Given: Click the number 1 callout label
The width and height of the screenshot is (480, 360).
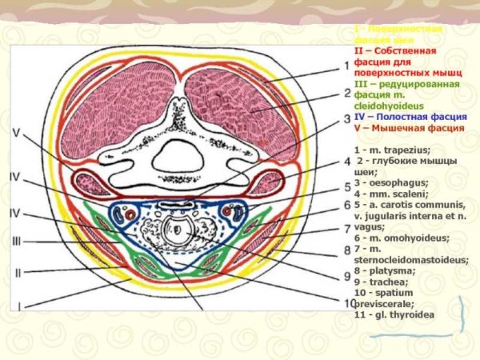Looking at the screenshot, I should pyautogui.click(x=346, y=66).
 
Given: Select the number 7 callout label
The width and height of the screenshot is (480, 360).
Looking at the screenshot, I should pyautogui.click(x=346, y=229).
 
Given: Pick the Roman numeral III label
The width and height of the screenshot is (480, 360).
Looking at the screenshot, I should pyautogui.click(x=17, y=241).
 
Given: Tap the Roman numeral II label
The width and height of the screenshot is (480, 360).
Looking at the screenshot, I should pyautogui.click(x=17, y=272).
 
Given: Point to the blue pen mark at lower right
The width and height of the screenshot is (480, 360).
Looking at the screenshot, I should pyautogui.click(x=462, y=316).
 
